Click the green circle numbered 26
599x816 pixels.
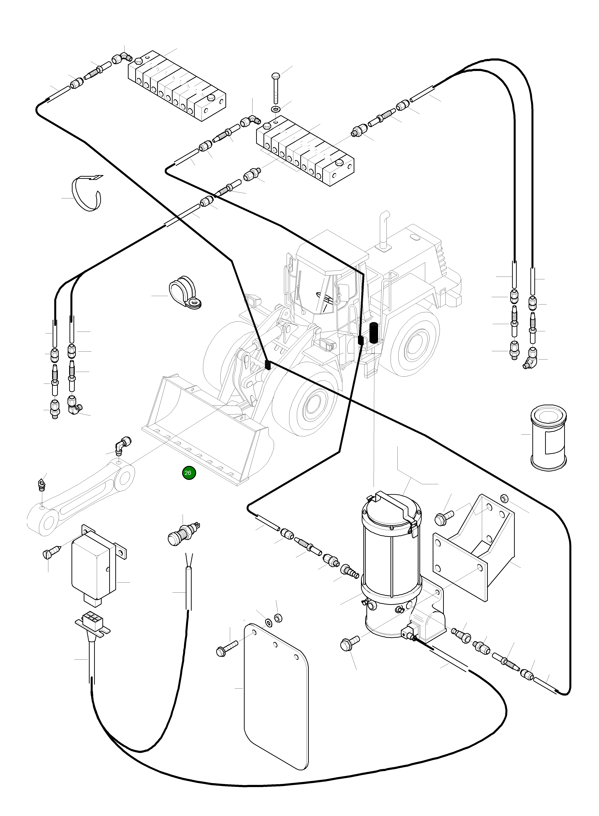(189, 473)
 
